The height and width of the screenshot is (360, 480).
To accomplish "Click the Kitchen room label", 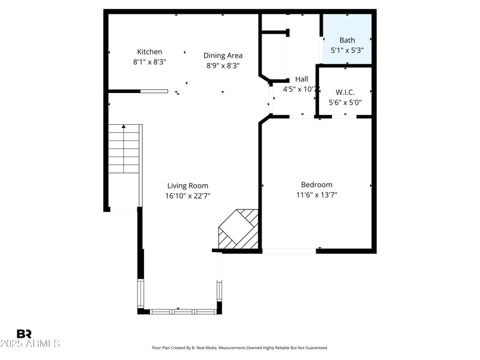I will pyautogui.click(x=149, y=52).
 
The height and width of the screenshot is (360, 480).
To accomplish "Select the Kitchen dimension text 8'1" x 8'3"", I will pyautogui.click(x=149, y=62).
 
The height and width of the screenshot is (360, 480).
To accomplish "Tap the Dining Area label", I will pyautogui.click(x=223, y=56).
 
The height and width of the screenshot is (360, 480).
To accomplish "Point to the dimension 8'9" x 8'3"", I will pyautogui.click(x=223, y=66).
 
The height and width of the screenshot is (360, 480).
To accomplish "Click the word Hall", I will pyautogui.click(x=301, y=79).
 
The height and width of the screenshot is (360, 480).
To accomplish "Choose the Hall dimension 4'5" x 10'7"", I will pyautogui.click(x=299, y=89).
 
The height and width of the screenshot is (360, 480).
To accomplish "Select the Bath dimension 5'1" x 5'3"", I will pyautogui.click(x=347, y=50).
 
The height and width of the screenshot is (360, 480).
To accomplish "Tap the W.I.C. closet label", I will pyautogui.click(x=345, y=92).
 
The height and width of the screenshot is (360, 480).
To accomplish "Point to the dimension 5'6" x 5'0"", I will pyautogui.click(x=345, y=103).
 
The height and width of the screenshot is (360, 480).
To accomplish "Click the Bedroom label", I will pyautogui.click(x=316, y=185).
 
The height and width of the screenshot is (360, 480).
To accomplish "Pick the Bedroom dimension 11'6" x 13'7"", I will pyautogui.click(x=316, y=194).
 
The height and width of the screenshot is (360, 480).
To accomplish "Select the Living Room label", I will pyautogui.click(x=188, y=186).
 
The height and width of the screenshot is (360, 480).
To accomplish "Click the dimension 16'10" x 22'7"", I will pyautogui.click(x=188, y=196).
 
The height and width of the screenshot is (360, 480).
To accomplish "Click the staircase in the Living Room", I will pyautogui.click(x=124, y=150).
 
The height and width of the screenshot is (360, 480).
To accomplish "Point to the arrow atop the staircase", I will pyautogui.click(x=124, y=127).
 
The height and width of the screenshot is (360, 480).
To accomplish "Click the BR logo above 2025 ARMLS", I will pyautogui.click(x=24, y=334).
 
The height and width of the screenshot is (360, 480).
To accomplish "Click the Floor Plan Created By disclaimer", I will pyautogui.click(x=240, y=348).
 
